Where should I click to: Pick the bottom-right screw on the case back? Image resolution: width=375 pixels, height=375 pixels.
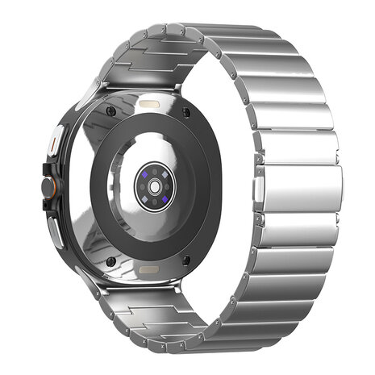(x=187, y=260)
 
